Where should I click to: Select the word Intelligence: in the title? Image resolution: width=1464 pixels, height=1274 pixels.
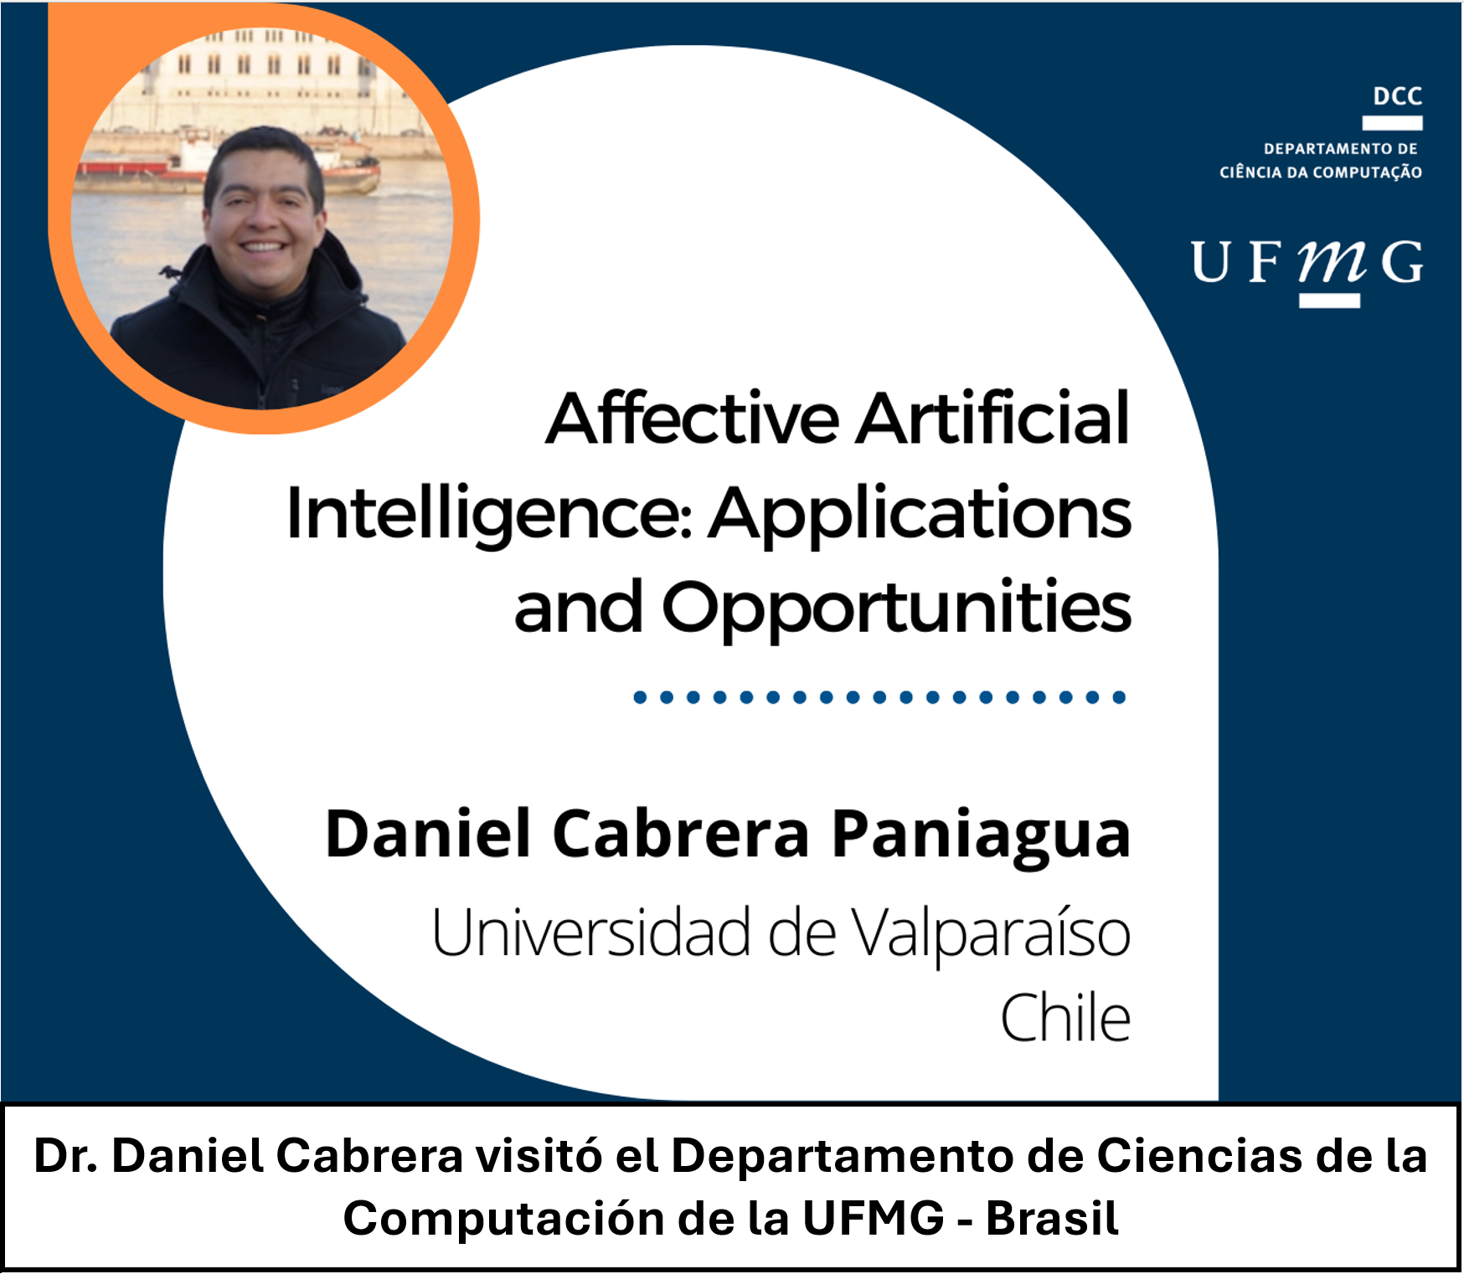point(489,514)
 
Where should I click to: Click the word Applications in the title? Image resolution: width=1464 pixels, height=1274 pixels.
point(920,514)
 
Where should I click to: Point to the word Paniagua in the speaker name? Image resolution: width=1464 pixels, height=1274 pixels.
point(981,836)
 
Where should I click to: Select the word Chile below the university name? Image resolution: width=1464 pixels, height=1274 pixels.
point(1066,1017)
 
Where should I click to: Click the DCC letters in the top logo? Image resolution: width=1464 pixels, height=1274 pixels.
point(1398,96)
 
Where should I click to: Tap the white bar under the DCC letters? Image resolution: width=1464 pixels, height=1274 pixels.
point(1392,123)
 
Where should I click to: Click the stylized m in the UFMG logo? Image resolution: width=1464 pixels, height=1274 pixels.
point(1333,261)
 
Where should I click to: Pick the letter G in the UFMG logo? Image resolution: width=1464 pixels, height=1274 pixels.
point(1402,262)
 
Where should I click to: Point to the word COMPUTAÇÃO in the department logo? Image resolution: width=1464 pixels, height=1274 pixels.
point(1368,172)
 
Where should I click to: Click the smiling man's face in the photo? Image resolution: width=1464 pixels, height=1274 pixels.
point(263,216)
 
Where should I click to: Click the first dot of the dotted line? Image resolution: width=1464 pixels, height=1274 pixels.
point(640,697)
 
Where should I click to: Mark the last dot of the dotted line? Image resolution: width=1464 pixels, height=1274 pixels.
point(1119,697)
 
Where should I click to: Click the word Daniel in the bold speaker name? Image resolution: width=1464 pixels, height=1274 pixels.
point(428,835)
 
